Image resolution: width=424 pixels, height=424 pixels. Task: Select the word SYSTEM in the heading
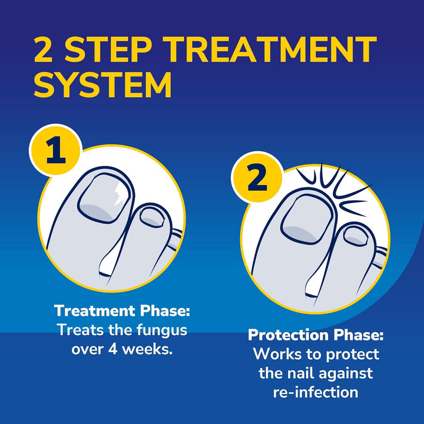(x=102, y=85)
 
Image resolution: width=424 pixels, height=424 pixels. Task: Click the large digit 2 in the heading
(x=46, y=51)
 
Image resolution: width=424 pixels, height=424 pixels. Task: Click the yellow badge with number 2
(x=257, y=178)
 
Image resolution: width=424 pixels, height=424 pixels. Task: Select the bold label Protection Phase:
(x=316, y=335)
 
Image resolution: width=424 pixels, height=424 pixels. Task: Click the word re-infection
(x=315, y=392)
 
